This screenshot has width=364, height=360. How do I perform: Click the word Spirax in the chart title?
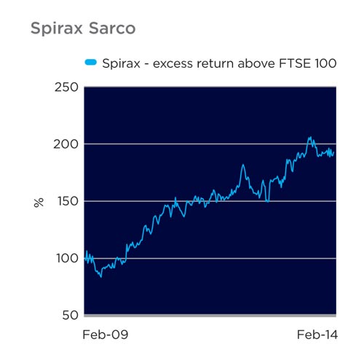point(57,29)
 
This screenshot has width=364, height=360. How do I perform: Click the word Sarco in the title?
point(112,28)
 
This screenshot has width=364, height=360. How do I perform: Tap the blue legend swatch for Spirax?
point(91,63)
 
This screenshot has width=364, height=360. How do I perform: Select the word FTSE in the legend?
point(294,63)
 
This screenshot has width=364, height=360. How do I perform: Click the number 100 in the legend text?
point(325,63)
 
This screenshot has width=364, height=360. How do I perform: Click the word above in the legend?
point(256,63)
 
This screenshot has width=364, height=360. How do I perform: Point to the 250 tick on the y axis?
point(66,87)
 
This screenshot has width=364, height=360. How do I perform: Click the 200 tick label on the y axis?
point(66,144)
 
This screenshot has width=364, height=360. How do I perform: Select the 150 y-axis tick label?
point(68,201)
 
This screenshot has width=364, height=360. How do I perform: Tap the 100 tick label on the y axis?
point(68,259)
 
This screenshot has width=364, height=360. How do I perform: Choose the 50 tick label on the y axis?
point(71,316)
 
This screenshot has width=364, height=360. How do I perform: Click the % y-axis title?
point(39,203)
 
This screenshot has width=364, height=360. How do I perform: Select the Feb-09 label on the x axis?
point(106,334)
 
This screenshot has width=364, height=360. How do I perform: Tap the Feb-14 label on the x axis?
point(317,334)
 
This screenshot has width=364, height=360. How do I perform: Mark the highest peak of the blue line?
point(310,137)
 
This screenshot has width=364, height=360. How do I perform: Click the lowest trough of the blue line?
point(101,277)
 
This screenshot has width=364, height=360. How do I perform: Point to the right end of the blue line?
point(334,152)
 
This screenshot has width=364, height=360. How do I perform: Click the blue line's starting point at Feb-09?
point(84,259)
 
